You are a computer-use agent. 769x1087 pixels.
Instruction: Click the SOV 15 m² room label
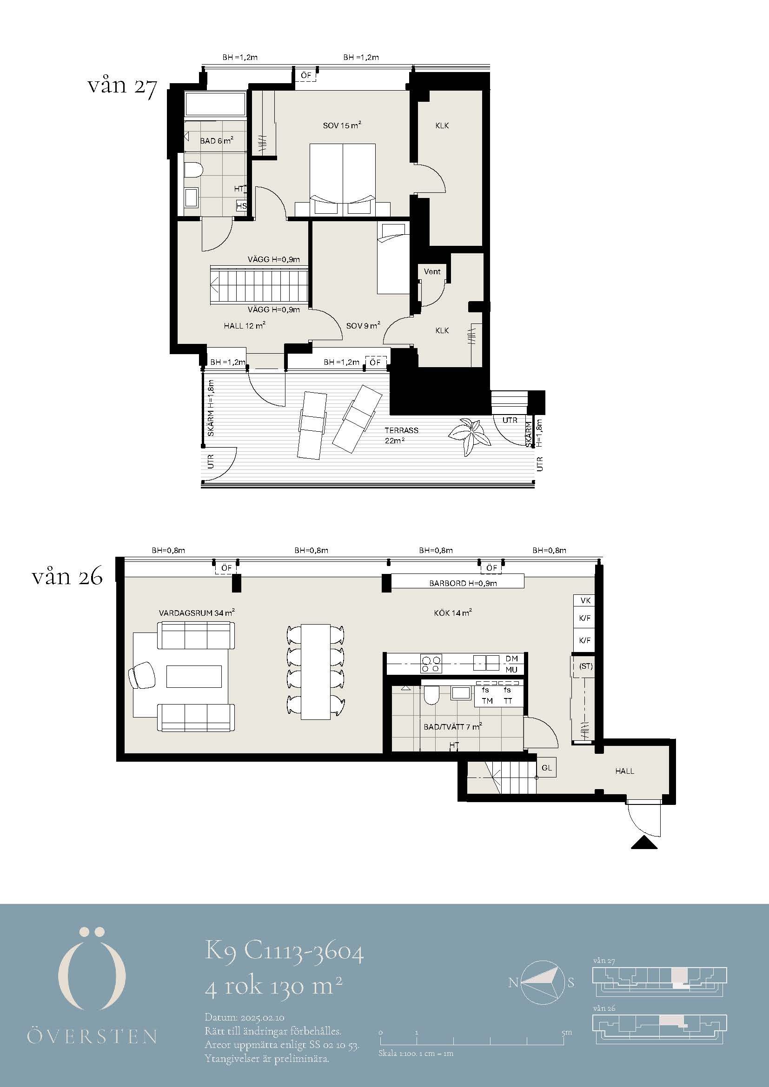pyautogui.click(x=342, y=125)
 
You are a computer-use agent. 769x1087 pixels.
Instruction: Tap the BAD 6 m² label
pyautogui.click(x=216, y=141)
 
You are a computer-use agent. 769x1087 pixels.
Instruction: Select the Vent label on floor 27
pyautogui.click(x=432, y=271)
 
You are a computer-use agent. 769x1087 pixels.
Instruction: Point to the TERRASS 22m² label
pyautogui.click(x=401, y=435)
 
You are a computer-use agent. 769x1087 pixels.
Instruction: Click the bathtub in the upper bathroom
pyautogui.click(x=215, y=104)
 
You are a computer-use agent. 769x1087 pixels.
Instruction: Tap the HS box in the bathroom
pyautogui.click(x=241, y=206)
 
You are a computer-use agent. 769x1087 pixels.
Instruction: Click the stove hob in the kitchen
pyautogui.click(x=431, y=663)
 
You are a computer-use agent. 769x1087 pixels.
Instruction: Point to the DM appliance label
pyautogui.click(x=511, y=659)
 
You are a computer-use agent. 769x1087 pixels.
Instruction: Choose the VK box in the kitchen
pyautogui.click(x=585, y=600)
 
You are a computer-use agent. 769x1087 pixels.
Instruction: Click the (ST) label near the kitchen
pyautogui.click(x=586, y=666)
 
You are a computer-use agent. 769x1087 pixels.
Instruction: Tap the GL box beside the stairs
pyautogui.click(x=546, y=768)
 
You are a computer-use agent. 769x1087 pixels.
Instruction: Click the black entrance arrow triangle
pyautogui.click(x=644, y=843)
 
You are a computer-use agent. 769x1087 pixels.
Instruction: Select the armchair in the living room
pyautogui.click(x=142, y=674)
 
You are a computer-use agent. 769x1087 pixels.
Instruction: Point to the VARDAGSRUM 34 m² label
pyautogui.click(x=197, y=613)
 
